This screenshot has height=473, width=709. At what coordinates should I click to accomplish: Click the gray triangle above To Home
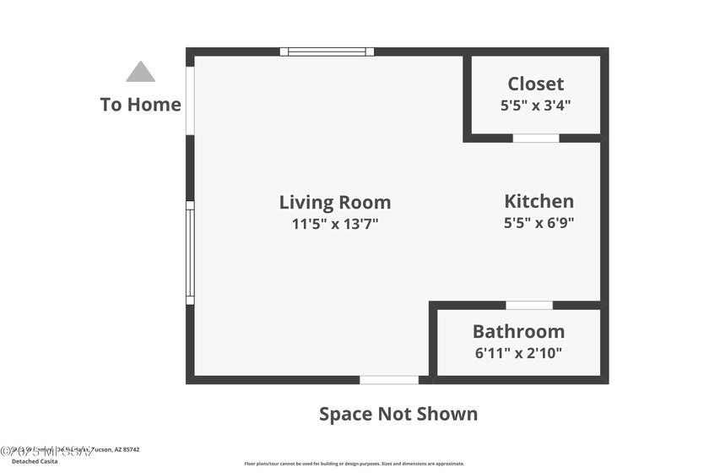(x=141, y=73)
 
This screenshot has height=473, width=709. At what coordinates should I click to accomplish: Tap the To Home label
(x=141, y=105)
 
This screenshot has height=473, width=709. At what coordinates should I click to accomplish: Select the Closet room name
(x=535, y=84)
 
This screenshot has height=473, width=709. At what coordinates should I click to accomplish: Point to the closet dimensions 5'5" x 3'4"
(x=535, y=106)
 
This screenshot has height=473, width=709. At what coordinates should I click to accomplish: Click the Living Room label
(x=335, y=202)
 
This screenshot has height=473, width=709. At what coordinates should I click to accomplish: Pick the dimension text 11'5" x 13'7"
(x=335, y=224)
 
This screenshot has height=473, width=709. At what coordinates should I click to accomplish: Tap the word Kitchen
(x=539, y=201)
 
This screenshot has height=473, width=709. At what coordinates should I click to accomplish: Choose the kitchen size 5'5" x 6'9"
(x=539, y=224)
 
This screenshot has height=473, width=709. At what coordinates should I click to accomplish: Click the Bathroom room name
(x=518, y=331)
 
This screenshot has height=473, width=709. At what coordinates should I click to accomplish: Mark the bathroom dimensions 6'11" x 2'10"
(x=518, y=353)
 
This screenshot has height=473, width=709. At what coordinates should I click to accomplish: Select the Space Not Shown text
(x=398, y=414)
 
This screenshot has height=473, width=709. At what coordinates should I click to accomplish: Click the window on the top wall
(x=327, y=52)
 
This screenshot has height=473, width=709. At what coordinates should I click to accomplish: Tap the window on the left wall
(x=190, y=253)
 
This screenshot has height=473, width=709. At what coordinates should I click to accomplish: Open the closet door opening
(x=536, y=138)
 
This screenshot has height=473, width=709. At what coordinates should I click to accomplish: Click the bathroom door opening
(x=529, y=305)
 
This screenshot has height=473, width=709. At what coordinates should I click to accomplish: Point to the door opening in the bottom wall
(x=389, y=380)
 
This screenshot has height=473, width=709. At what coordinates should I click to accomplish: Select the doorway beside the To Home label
(x=190, y=100)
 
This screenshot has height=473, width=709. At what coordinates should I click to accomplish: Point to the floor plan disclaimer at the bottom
(x=354, y=464)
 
